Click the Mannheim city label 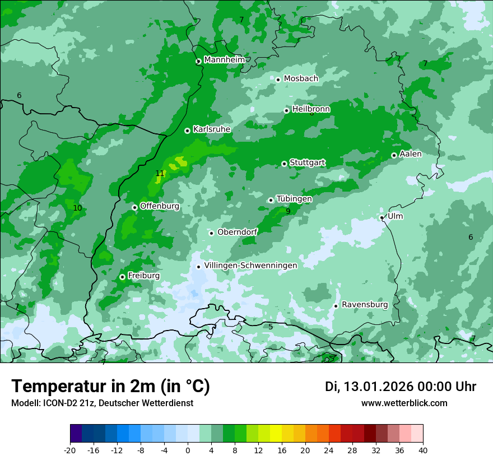click(x=224, y=60)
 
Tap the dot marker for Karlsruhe click(x=187, y=131)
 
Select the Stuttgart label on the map click(x=307, y=163)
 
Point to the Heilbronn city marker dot click(x=286, y=110)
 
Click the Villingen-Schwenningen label click(x=250, y=266)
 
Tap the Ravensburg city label click(x=365, y=305)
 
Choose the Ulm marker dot click(x=382, y=217)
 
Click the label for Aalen click(x=410, y=154)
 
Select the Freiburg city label click(x=143, y=276)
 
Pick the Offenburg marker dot click(x=134, y=207)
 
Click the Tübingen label click(x=294, y=199)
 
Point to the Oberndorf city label click(x=238, y=232)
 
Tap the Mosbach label click(x=301, y=79)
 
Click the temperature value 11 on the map click(x=160, y=174)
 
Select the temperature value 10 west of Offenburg click(x=77, y=208)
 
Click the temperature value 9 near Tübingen click(x=288, y=212)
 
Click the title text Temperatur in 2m click(x=110, y=387)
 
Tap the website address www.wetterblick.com click(x=404, y=403)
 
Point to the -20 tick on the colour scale click(x=70, y=450)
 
